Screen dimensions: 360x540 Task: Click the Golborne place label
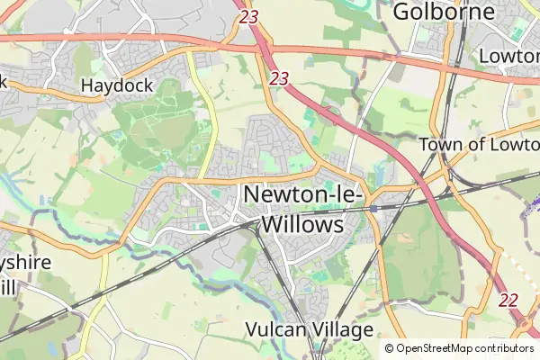tap(445, 12)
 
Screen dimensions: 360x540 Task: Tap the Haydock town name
tap(117, 86)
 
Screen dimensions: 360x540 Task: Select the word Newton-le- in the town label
tap(302, 194)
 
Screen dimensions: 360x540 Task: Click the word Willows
tap(302, 223)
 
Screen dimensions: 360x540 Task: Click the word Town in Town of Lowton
tap(441, 145)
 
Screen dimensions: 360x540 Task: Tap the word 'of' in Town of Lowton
tap(478, 145)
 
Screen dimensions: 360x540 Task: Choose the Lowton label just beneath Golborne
tap(509, 56)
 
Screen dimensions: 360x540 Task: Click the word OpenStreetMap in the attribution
tap(435, 348)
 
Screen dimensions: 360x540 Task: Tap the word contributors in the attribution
tap(504, 348)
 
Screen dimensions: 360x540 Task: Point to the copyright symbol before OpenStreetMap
tap(390, 348)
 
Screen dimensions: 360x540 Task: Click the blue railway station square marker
tap(373, 209)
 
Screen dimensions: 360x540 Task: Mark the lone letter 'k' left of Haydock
tap(4, 81)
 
